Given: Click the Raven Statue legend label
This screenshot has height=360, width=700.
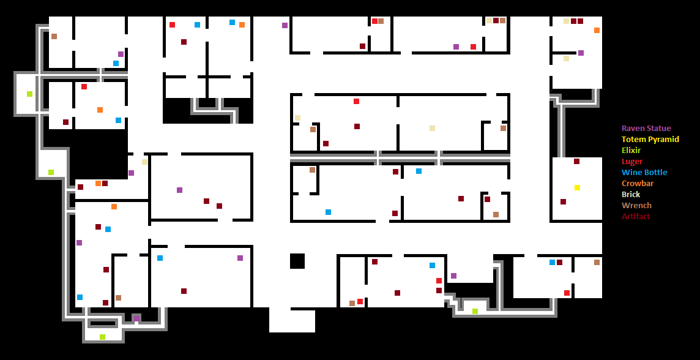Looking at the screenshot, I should click(x=646, y=129).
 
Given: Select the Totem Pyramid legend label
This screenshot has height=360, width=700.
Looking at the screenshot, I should click(x=650, y=140).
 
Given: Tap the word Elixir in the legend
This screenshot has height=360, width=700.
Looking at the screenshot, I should click(x=631, y=151).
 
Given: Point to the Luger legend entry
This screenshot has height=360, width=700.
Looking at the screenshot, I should click(x=632, y=162).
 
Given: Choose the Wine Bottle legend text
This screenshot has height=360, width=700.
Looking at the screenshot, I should click(x=644, y=173).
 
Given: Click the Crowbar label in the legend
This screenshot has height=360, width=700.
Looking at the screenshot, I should click(x=638, y=184).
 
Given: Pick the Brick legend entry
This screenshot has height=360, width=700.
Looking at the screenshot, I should click(x=631, y=195).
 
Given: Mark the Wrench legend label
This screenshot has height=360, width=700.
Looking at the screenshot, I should click(x=636, y=206).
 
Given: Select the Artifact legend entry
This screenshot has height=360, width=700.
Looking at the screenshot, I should click(x=636, y=217).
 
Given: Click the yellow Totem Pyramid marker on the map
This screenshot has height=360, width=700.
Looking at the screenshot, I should click(x=577, y=187).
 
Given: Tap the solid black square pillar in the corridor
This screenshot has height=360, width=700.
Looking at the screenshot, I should click(x=297, y=261).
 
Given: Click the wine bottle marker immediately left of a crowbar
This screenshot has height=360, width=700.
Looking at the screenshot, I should click(x=232, y=23).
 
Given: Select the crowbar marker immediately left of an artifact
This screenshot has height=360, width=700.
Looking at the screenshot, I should click(x=98, y=183).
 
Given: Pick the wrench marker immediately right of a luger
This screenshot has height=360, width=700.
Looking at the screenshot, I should click(x=381, y=21).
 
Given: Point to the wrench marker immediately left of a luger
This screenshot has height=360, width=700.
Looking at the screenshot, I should click(x=352, y=303).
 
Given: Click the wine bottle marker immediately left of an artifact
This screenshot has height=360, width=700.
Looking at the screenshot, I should click(x=552, y=262).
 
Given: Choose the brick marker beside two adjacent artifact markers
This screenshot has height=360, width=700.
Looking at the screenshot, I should click(x=566, y=21).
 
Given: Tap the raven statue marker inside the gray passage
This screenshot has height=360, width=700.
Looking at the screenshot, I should click(x=137, y=318).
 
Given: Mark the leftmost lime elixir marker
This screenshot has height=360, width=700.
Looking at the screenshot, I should click(x=29, y=94).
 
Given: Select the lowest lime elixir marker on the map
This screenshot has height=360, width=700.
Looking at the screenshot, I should click(x=102, y=337).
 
